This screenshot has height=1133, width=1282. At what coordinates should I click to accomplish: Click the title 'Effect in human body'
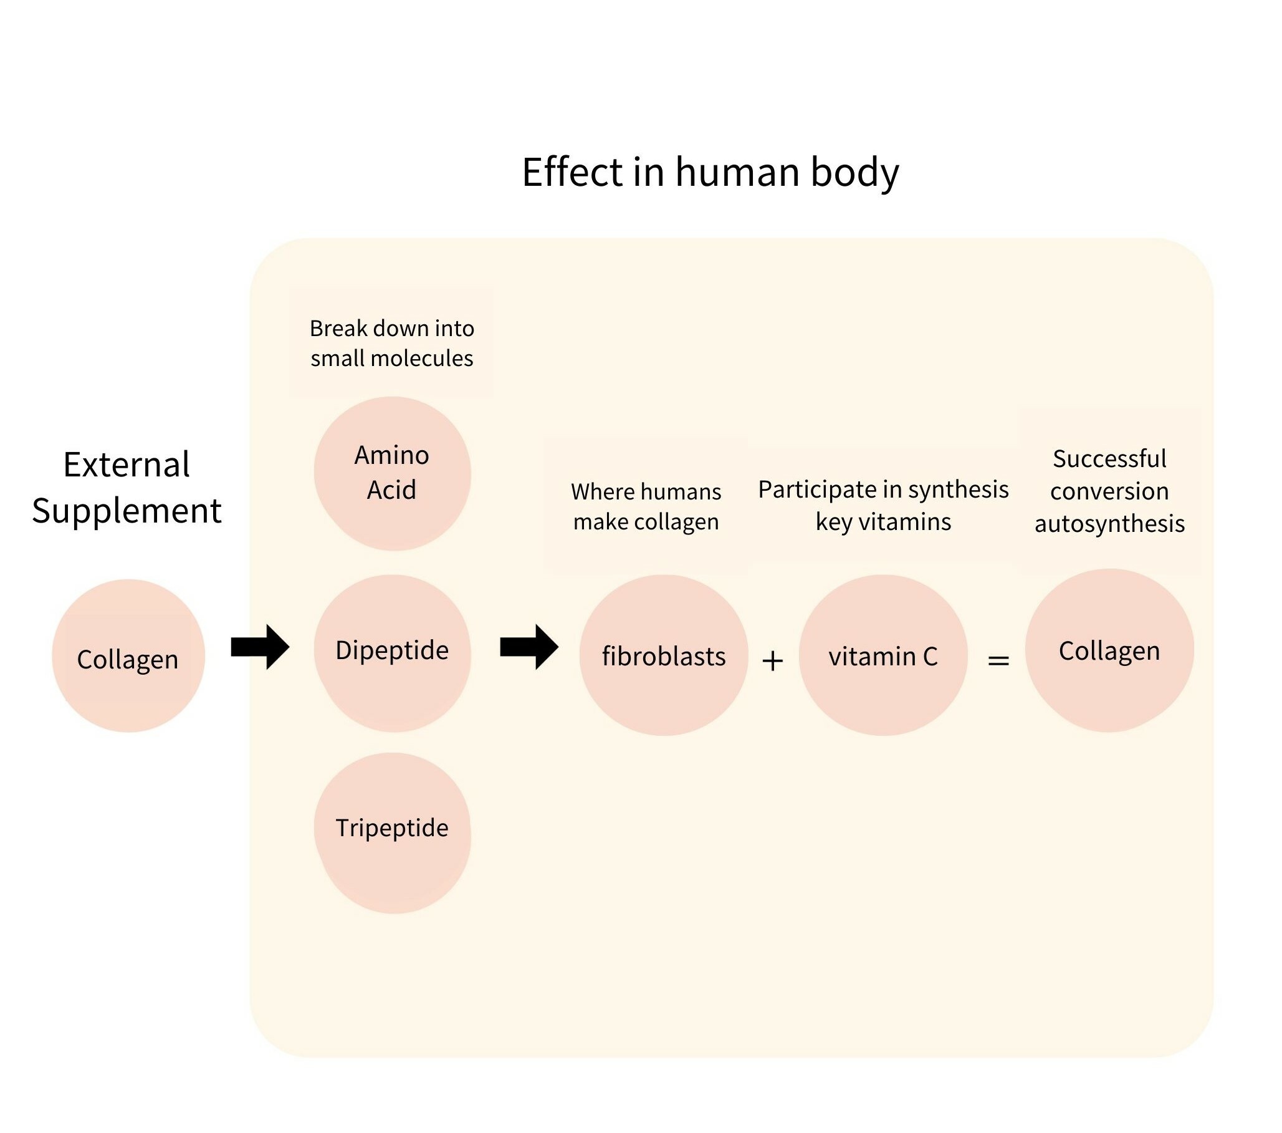point(710,172)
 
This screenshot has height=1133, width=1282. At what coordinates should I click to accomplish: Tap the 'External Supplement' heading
point(127,488)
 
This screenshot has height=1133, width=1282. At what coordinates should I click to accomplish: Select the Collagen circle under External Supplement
point(128,655)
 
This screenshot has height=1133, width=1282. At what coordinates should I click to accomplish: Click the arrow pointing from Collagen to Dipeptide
point(260,647)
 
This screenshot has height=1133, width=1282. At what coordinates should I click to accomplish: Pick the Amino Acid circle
point(392,473)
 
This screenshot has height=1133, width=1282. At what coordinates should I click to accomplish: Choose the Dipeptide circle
point(392,652)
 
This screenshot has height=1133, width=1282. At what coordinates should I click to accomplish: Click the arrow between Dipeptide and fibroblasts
point(529,647)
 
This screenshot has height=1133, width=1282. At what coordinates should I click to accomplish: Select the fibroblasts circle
point(664,655)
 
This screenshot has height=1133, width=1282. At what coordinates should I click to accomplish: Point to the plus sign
point(773,660)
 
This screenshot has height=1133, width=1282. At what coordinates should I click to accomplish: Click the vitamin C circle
point(883,655)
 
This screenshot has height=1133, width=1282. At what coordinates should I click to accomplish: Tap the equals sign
point(998,660)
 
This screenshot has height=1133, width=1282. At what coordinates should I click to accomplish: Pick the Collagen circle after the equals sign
point(1109,650)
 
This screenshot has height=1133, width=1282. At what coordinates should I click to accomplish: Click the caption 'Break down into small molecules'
point(392,343)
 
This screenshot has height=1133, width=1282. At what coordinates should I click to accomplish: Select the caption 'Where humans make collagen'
point(646,506)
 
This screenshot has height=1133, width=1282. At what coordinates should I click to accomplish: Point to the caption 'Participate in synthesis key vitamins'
point(883,505)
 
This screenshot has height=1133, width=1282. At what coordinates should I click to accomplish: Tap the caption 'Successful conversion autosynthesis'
point(1109,491)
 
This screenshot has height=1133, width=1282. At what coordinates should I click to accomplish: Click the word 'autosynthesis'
point(1109,524)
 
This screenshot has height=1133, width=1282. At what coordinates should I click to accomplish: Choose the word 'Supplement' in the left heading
point(127,511)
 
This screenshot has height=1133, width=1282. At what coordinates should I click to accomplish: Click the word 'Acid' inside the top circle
point(391,490)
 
